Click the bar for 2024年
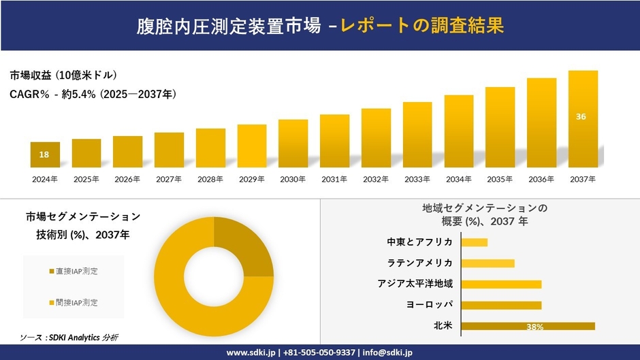tap(45, 155)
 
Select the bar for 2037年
tap(583, 119)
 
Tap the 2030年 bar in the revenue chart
tap(293, 144)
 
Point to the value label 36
tap(581, 117)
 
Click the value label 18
tap(44, 155)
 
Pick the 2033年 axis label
tap(417, 179)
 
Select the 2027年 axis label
tap(169, 179)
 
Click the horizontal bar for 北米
tap(528, 326)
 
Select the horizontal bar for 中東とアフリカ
tap(475, 242)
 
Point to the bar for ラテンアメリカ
tap(487, 263)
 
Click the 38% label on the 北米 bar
tap(534, 327)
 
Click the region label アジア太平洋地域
tap(415, 284)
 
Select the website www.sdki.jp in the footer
tap(250, 353)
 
